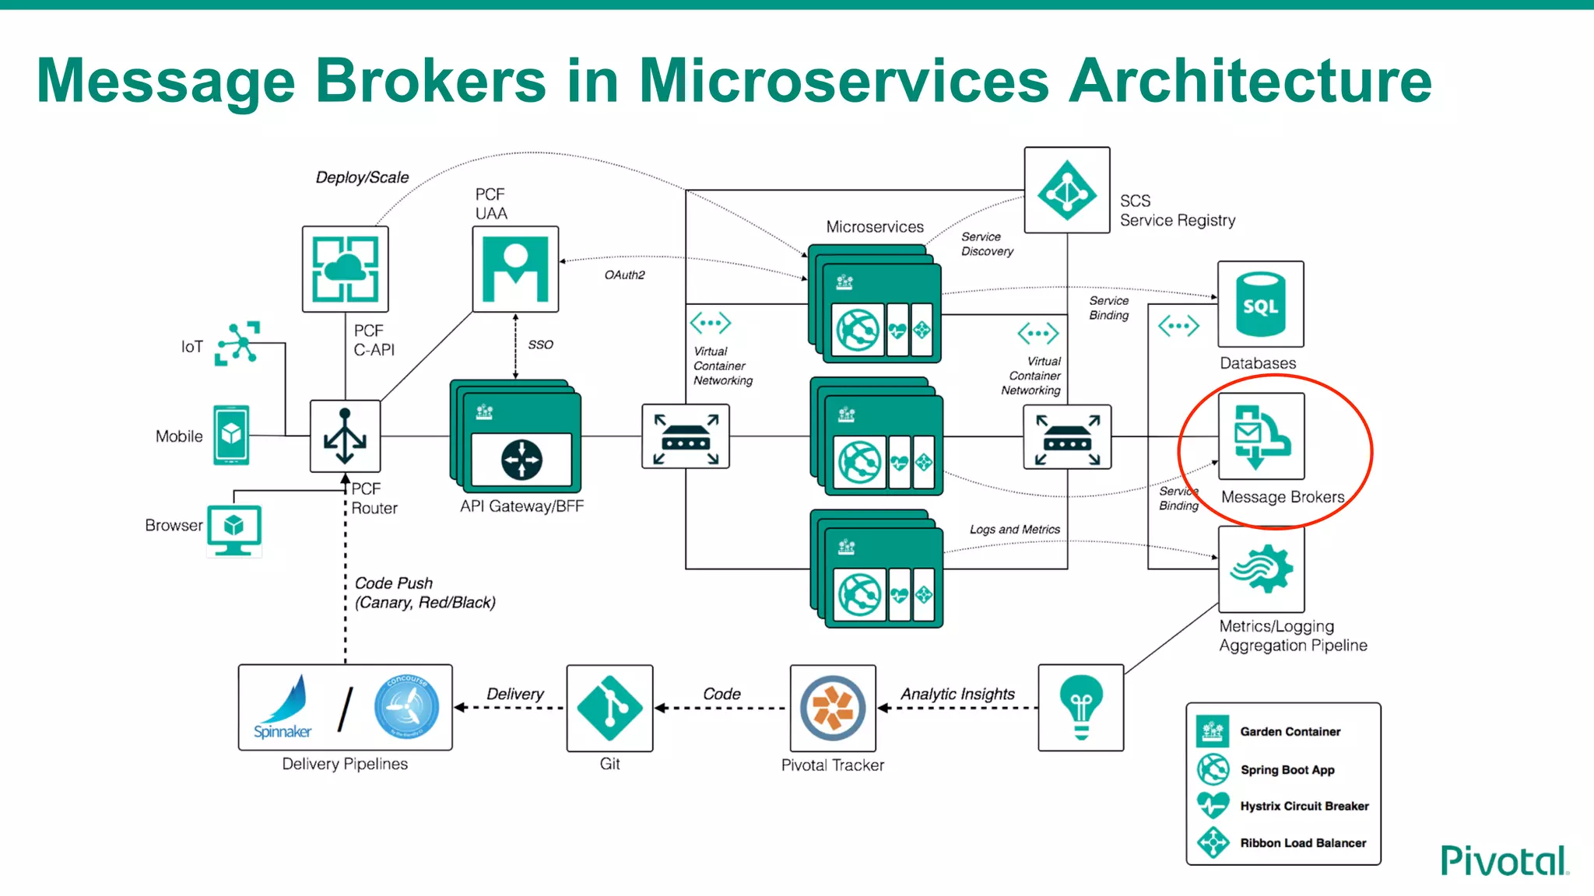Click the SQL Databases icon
coord(1260,304)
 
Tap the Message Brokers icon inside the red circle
coord(1261,436)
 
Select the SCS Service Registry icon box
coord(1067,191)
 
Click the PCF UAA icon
coord(515,269)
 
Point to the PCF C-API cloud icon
coord(345,269)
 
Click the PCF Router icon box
coord(345,436)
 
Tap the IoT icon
coord(238,343)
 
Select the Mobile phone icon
coord(231,435)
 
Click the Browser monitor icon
coord(234,530)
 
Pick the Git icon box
coord(610,708)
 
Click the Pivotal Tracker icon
coord(833,708)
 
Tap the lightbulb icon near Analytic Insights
coord(1081,707)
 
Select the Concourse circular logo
coord(406,707)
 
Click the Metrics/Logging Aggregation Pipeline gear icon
coord(1261,569)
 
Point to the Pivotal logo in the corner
coord(1504,861)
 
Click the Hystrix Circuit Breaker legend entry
coord(1304,806)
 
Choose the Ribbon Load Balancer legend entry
coord(1302,843)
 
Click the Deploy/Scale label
coord(362,177)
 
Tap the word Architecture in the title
coord(1249,80)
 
